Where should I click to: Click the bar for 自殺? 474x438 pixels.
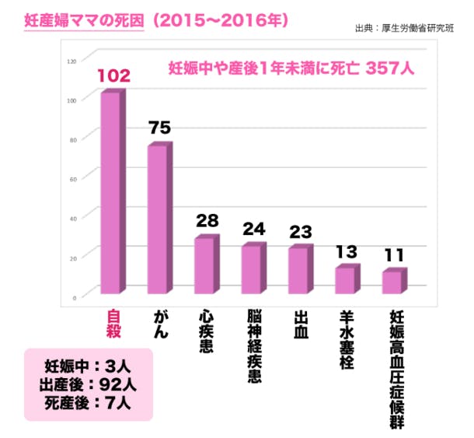pos(111,193)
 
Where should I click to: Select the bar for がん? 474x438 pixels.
pos(158,219)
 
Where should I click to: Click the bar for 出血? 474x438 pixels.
pos(299,270)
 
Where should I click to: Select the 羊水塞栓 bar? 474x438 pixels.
pos(346,280)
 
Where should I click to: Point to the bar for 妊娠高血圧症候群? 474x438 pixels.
pos(393,282)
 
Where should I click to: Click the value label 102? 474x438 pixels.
pos(113,75)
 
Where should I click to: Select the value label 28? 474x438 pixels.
pos(207,221)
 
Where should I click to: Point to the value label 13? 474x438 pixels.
pos(347,252)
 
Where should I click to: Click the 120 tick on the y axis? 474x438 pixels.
pos(72,61)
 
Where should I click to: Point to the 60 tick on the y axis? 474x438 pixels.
pos(74,179)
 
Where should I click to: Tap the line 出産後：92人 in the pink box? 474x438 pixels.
pos(87,384)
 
